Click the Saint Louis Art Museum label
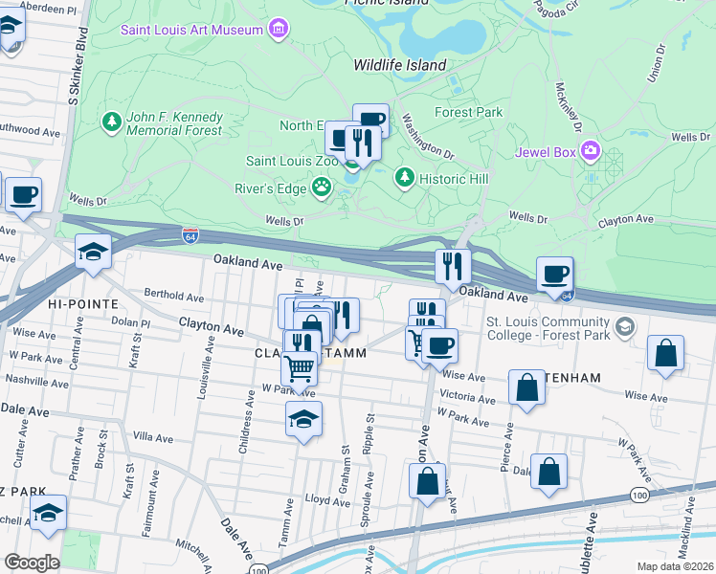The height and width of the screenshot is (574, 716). [191, 30]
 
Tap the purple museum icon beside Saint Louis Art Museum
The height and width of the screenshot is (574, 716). [279, 29]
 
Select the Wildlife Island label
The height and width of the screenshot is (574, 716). [399, 65]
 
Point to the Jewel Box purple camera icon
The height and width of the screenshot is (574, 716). [589, 151]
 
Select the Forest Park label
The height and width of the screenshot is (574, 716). [468, 112]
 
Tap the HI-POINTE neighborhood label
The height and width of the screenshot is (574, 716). [82, 303]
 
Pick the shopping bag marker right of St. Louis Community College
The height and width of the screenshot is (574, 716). [666, 353]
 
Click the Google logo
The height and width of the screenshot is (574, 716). [32, 563]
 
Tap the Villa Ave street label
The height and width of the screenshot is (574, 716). [154, 437]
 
